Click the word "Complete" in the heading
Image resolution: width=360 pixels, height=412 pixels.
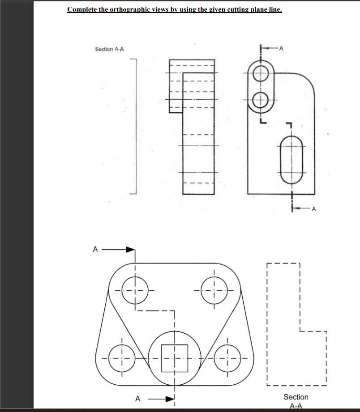coord(81,9)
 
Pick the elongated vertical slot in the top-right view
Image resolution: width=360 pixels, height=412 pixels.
coord(293,159)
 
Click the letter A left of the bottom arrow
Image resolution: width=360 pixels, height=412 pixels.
coord(138,398)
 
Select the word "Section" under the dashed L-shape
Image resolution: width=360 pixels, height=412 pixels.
coord(296,397)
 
